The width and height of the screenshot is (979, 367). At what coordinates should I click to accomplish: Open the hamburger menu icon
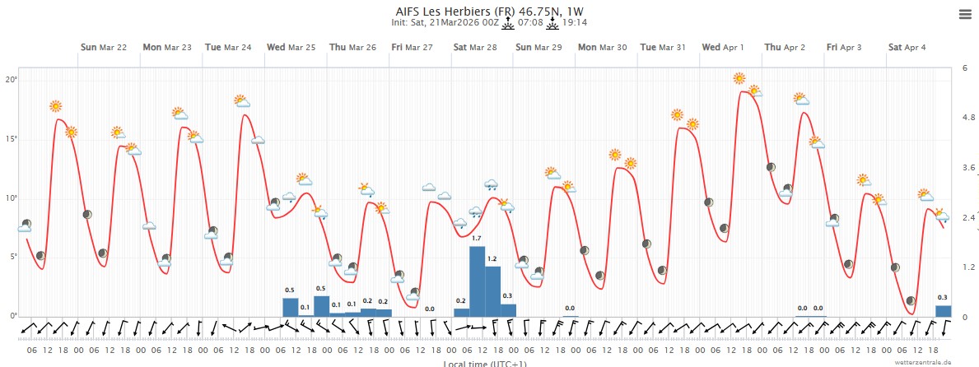point(965,15)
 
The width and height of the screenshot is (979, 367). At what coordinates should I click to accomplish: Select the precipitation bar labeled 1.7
point(477,281)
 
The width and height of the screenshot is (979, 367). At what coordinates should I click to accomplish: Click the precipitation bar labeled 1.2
point(492,290)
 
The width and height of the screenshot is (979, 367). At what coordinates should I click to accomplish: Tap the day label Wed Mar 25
point(291,47)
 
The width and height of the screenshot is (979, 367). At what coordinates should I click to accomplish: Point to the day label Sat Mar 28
point(475,47)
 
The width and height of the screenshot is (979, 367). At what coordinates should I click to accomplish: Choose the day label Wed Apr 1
point(723,47)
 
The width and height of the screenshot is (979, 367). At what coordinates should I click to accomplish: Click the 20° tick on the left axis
point(12,80)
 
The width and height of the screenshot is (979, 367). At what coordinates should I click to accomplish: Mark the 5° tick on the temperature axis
point(12,257)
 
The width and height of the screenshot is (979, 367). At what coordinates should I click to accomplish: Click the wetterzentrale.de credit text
point(925,361)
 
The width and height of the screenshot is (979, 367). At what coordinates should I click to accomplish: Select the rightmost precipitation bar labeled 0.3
point(944,311)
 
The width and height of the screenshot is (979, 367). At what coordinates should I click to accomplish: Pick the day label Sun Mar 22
point(104,47)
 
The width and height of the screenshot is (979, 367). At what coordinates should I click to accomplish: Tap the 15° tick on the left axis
point(12,139)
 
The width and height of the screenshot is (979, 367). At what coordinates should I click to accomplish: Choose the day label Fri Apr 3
point(844,47)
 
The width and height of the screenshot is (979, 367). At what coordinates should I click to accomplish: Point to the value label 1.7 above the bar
point(476,239)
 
